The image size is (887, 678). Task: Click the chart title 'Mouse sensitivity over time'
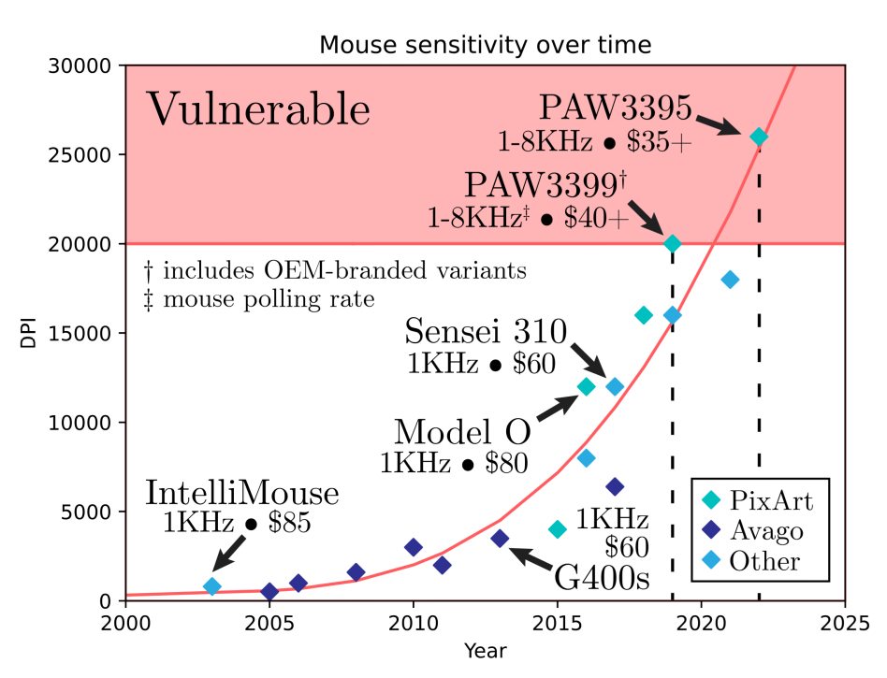click(x=485, y=44)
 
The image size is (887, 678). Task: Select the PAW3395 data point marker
click(x=759, y=137)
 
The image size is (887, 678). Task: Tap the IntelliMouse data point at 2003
click(x=212, y=586)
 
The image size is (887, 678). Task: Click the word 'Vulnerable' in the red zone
click(x=259, y=109)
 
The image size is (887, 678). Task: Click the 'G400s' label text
click(x=603, y=576)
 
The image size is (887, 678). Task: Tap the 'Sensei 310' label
click(x=486, y=331)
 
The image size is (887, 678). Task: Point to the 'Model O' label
click(x=462, y=432)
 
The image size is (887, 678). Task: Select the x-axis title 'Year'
click(x=485, y=650)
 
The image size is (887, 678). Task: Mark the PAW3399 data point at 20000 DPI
click(x=673, y=244)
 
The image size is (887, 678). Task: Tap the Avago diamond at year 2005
click(x=269, y=591)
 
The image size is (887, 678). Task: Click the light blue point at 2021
click(x=730, y=280)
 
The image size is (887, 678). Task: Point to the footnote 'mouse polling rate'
click(x=269, y=300)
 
